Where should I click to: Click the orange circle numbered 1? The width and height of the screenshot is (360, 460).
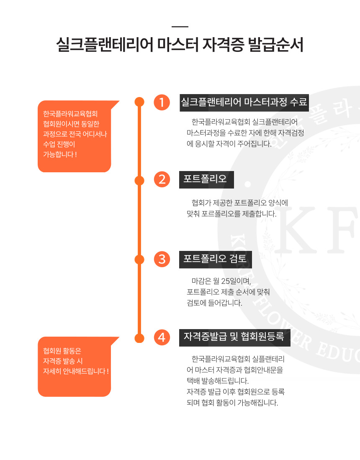pos(162,102)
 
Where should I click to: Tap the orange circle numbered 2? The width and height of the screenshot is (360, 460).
pos(162,179)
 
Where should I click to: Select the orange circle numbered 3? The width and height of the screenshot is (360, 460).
pos(162,259)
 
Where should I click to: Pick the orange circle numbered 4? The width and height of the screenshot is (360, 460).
pos(162,337)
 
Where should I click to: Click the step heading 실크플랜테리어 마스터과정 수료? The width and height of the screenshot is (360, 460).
pos(244,102)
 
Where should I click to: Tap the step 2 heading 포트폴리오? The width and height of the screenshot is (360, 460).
pos(205,179)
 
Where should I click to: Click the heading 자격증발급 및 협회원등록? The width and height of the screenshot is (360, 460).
pos(234,336)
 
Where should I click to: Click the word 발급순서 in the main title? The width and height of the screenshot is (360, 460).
pos(275,45)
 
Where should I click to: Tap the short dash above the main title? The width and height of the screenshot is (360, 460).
pos(180,27)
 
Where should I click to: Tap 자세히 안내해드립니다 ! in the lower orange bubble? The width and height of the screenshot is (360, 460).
pos(76,371)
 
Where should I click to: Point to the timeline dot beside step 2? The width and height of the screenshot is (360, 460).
pos(139,180)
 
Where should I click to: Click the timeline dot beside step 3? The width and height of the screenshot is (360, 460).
pos(139,259)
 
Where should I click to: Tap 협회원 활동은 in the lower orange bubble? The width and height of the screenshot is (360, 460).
pos(62,351)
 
